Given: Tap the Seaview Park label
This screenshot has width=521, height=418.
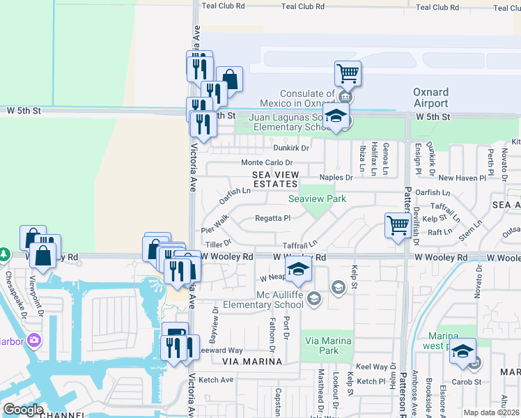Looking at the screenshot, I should [x=318, y=199].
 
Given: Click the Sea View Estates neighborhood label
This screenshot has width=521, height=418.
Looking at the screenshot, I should [x=275, y=179].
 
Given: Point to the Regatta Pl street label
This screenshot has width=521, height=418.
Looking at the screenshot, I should [x=272, y=218].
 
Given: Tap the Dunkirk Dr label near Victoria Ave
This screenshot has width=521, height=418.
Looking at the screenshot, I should [x=290, y=148].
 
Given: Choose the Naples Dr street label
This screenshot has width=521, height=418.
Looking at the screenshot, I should [x=336, y=178].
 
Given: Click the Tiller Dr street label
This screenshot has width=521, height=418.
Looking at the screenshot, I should [x=217, y=245].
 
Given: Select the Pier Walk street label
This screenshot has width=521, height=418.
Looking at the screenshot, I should [x=215, y=224].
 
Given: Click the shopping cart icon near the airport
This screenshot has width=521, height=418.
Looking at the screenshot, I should [x=348, y=72].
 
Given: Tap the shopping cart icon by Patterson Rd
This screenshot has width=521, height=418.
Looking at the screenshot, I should [x=398, y=225].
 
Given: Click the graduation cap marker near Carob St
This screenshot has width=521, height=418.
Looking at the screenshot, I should [x=462, y=353].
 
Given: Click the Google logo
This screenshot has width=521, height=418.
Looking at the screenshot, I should [x=23, y=410].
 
